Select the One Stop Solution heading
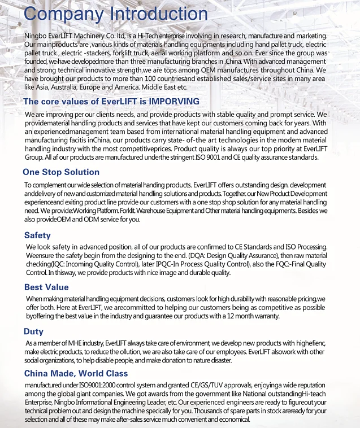click(61, 172)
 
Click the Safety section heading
click(37, 235)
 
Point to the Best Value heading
click(46, 287)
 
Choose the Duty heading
click(33, 331)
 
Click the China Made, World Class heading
click(76, 373)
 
